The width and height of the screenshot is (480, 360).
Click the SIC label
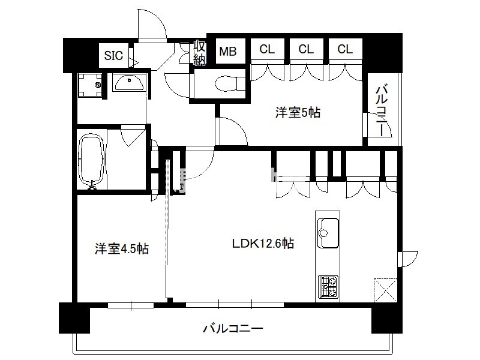(x=113, y=56)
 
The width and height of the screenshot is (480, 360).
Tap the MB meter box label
(x=228, y=52)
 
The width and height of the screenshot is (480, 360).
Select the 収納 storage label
(x=199, y=53)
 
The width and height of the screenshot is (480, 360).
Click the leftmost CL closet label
(x=267, y=49)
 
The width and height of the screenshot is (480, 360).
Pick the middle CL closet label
(x=306, y=49)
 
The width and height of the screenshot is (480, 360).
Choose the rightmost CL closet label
(x=345, y=49)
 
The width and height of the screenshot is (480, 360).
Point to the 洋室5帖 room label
(x=298, y=113)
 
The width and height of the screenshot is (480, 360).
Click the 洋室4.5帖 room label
(x=122, y=248)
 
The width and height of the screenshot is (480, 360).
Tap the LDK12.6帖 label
(x=263, y=244)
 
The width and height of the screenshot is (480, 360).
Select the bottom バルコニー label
(x=233, y=329)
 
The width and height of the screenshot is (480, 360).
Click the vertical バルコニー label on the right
(x=382, y=111)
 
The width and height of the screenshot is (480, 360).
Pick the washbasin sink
(x=129, y=83)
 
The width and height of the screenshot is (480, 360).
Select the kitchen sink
(x=328, y=233)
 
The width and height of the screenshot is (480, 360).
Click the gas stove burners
(x=328, y=287)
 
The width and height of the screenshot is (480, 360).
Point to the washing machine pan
(x=91, y=85)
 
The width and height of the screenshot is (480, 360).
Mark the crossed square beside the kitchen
(x=386, y=290)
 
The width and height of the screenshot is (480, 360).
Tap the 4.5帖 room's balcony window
(x=131, y=305)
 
